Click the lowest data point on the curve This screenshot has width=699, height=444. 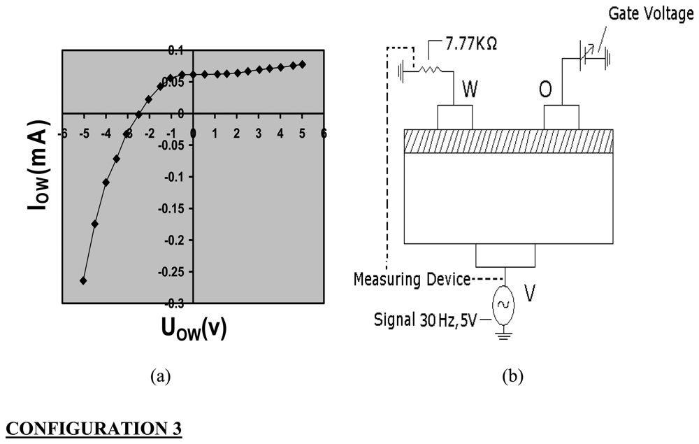[84, 280]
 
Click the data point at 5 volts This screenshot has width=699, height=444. [302, 64]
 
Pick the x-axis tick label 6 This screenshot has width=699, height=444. [324, 133]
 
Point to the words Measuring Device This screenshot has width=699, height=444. [412, 280]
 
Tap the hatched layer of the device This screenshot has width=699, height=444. [508, 141]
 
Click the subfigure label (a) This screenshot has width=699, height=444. [160, 376]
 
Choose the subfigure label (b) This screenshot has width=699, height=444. [512, 376]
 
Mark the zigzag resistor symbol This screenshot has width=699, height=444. [428, 69]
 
